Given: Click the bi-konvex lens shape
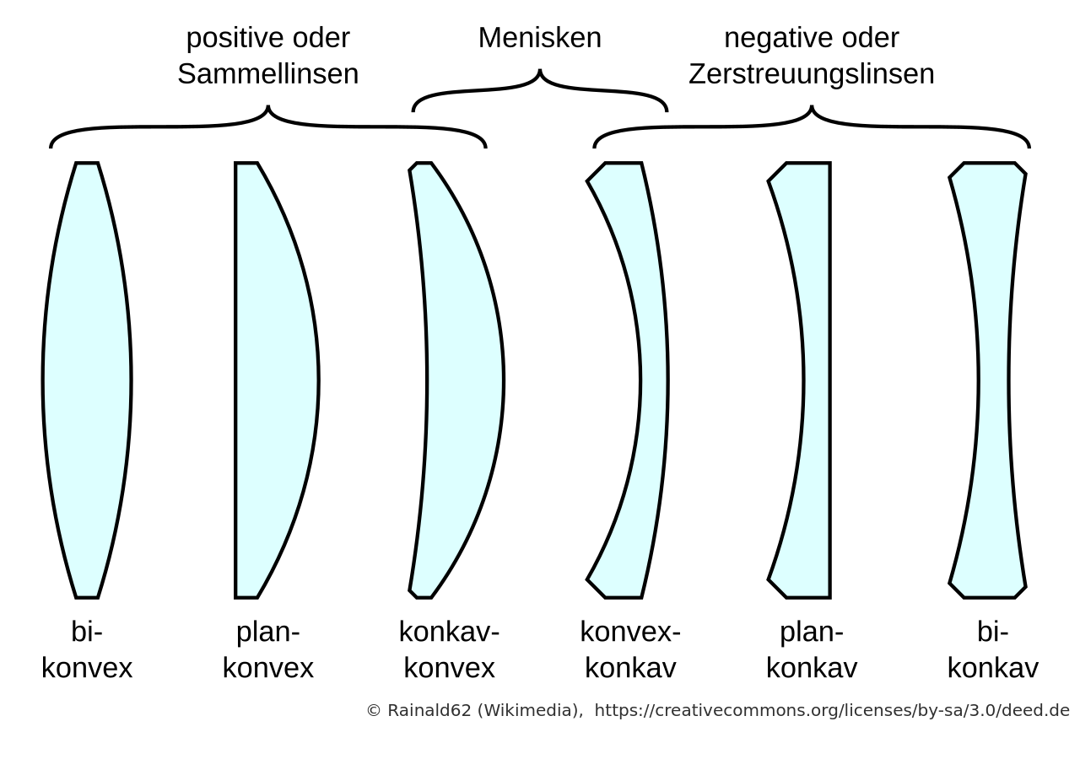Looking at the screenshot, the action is click(87, 380).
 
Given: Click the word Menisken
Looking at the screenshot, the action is click(539, 38).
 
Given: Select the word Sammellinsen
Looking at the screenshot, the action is click(268, 74).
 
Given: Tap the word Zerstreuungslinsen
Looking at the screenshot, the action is click(812, 74).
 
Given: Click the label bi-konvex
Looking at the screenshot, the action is click(87, 649).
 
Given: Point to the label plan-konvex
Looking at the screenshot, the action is click(268, 649).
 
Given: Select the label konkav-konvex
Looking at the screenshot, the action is click(450, 649).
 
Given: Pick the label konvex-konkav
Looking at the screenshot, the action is click(630, 649).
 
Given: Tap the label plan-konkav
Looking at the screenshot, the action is click(812, 649).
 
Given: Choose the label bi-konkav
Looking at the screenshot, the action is click(993, 649).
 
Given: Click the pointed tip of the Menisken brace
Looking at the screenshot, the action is click(539, 70).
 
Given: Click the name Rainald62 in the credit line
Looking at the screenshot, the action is click(429, 711).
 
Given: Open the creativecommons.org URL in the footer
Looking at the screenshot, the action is click(832, 711).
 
